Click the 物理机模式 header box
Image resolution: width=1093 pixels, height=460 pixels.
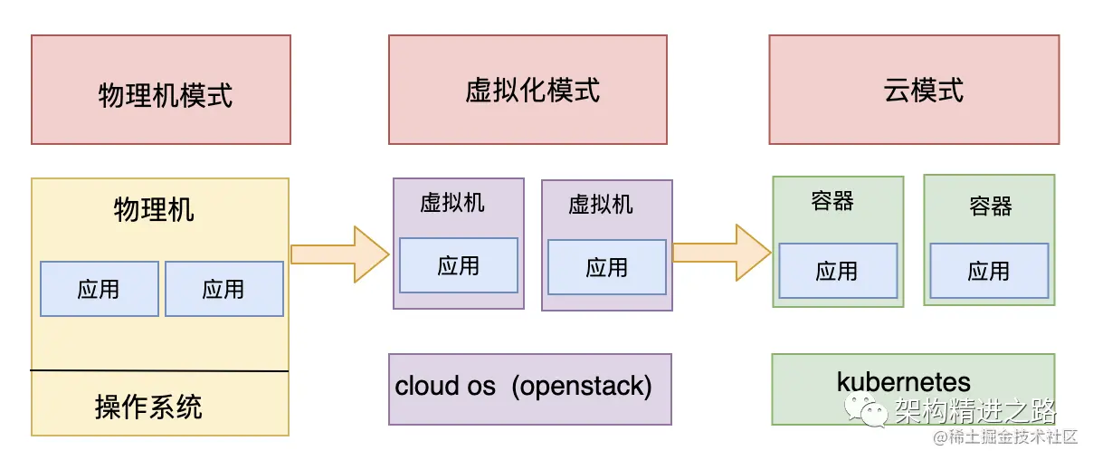161,90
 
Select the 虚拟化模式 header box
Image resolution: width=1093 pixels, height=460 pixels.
527,90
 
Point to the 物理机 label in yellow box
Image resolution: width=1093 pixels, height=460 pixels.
154,210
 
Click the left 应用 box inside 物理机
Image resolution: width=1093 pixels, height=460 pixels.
100,289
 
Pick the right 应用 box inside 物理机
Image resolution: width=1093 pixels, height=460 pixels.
223,289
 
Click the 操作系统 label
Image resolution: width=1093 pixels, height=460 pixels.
148,407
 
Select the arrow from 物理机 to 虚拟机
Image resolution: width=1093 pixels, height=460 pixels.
339,254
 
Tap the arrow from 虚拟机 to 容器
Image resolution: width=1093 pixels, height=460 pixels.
721,253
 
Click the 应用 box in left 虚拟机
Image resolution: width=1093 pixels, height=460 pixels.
459,265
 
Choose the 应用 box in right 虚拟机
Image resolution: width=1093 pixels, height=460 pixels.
607,267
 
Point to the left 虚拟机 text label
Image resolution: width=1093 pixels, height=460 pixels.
452,202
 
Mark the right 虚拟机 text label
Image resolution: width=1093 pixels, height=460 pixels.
601,204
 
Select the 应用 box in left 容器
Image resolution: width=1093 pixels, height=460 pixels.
837,271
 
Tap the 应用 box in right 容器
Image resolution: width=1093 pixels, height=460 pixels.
989,271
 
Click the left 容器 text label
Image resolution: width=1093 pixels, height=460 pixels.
832,200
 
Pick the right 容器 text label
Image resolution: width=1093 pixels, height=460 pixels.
991,206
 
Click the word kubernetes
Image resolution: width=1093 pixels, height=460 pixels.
903,381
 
